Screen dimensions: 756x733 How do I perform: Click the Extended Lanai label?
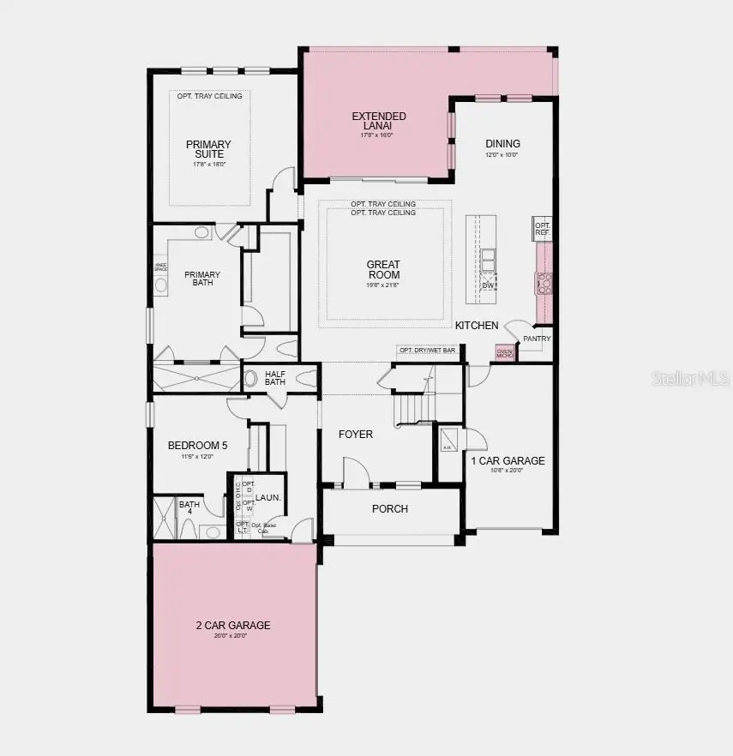tap(379, 121)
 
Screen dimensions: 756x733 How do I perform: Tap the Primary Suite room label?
tap(208, 149)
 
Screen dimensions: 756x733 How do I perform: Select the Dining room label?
tap(502, 144)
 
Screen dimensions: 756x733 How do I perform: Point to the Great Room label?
tap(383, 269)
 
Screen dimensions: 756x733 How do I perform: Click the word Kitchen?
tap(477, 326)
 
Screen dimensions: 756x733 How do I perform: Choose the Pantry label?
tap(537, 339)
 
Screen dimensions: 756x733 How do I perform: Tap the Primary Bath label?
tap(202, 279)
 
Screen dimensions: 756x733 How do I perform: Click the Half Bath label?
tap(275, 378)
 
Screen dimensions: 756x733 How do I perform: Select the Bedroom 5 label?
tap(198, 446)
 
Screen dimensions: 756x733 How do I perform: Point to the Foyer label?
tap(356, 435)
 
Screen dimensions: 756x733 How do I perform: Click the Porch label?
tap(390, 509)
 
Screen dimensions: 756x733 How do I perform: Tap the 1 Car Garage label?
tap(508, 461)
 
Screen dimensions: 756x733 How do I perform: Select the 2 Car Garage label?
tap(232, 626)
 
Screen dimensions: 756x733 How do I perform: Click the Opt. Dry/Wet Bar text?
tap(427, 351)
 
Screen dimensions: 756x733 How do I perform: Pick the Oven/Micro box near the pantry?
tap(505, 352)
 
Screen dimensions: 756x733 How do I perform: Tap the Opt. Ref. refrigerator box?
tap(542, 229)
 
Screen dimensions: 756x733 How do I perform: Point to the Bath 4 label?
tap(189, 508)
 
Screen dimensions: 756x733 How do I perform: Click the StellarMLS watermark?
tap(689, 378)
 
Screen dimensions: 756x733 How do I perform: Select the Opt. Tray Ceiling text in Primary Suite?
tap(210, 96)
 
